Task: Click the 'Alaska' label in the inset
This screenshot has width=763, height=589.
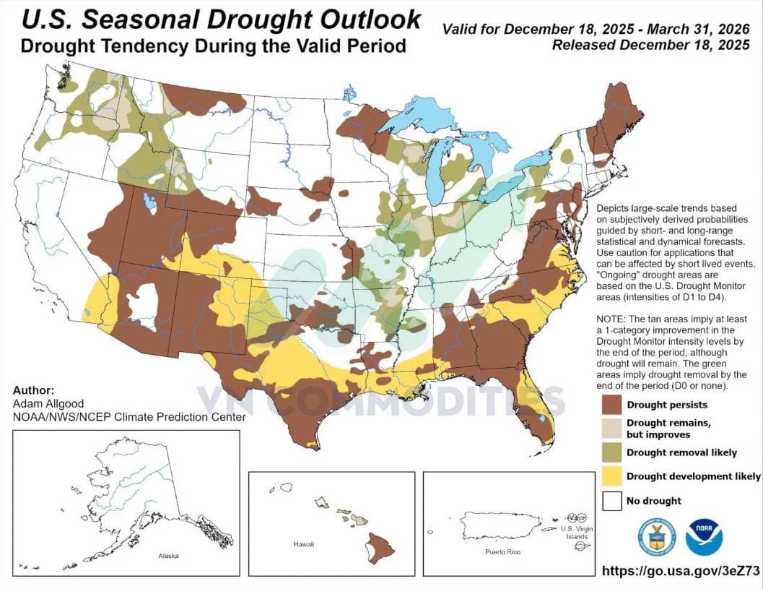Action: click(168, 556)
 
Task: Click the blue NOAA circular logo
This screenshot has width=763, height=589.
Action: click(704, 537)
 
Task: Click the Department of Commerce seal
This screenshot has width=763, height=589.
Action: click(656, 537)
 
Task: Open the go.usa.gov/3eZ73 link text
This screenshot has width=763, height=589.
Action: click(681, 571)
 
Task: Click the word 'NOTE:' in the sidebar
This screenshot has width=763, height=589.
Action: click(613, 319)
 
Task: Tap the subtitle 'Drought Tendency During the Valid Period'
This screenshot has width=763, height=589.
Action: click(213, 46)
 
